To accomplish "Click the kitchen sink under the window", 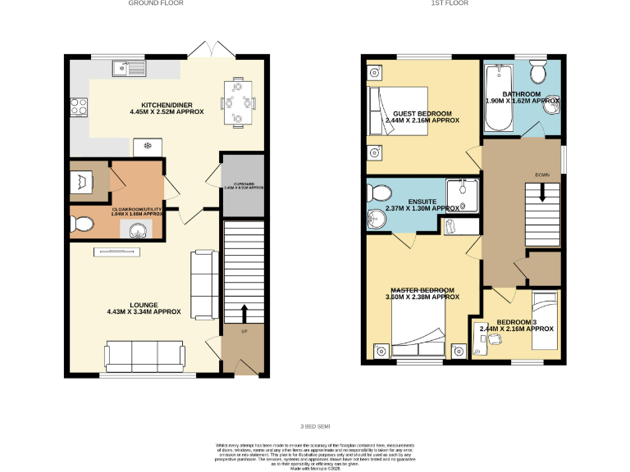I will point(130,68).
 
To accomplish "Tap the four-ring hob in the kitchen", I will point(80,105).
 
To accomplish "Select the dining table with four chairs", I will point(237,102).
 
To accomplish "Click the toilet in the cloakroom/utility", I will point(80,223).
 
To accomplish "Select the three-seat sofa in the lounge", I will point(144,356).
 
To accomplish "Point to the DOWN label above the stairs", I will point(541,175).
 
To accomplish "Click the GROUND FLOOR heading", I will point(155,3).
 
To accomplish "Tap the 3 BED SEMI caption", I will point(314,426).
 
